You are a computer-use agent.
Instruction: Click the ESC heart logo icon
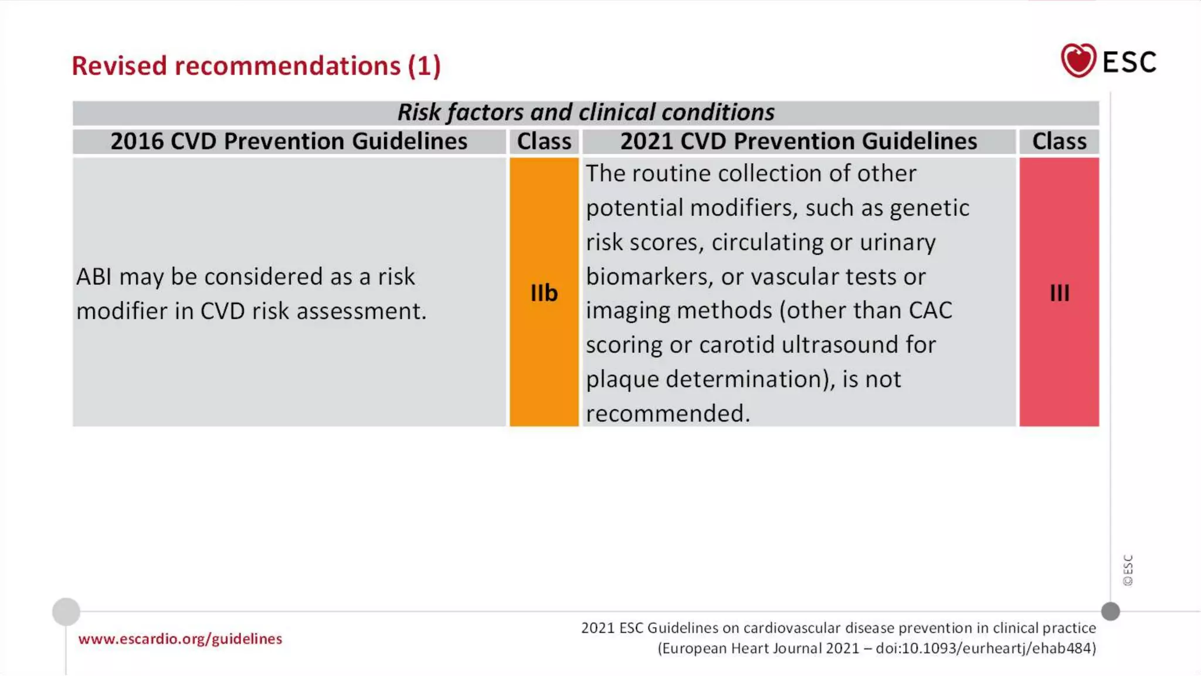(1078, 60)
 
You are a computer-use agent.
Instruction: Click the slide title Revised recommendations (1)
(256, 66)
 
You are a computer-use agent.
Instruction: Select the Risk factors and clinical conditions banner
(585, 112)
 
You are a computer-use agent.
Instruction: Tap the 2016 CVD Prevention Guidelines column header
(289, 141)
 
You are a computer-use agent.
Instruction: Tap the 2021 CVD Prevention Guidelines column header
(798, 141)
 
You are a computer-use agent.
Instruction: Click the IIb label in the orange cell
(544, 293)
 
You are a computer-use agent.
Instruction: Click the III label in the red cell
(1059, 293)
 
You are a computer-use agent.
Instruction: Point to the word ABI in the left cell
(94, 276)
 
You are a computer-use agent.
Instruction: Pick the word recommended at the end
(667, 413)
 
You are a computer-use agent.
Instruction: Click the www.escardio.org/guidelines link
(180, 638)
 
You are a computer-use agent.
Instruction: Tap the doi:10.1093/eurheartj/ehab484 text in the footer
(985, 648)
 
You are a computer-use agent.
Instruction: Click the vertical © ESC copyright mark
(1128, 570)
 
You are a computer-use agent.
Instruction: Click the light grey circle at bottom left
(66, 611)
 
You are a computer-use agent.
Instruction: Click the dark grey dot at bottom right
(1110, 611)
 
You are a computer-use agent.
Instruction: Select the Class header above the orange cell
(544, 141)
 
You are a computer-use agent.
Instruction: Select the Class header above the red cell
(1059, 141)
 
